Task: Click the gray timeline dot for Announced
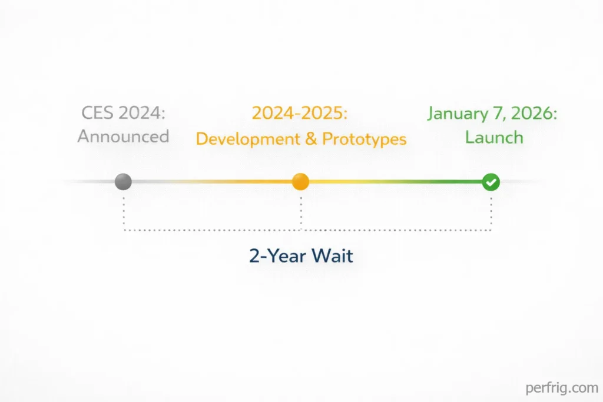[x=123, y=182]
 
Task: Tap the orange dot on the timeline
[x=301, y=182]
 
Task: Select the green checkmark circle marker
[x=491, y=182]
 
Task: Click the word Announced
[x=123, y=137]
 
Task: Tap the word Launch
[x=493, y=137]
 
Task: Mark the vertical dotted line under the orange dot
[x=301, y=210]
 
